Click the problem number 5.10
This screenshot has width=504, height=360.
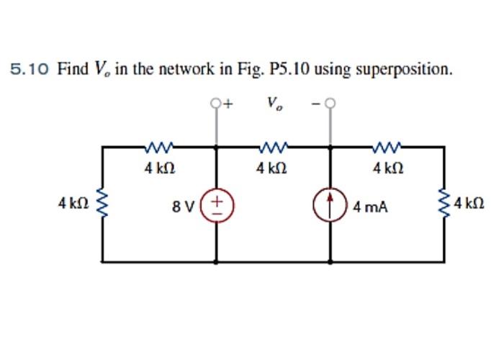coord(30,70)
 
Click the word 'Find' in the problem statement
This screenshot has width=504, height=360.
coord(71,70)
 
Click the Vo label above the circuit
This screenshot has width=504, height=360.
coord(274,104)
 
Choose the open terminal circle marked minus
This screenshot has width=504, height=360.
coord(330,104)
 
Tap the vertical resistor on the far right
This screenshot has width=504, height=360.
coord(443,204)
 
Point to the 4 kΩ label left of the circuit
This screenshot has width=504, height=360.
coord(73,204)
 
